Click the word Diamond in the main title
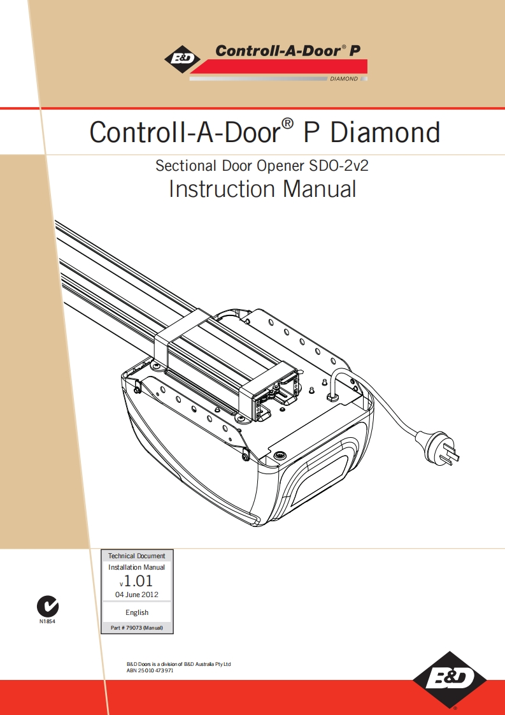click(x=385, y=133)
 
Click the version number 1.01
click(x=138, y=581)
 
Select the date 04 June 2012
click(x=136, y=595)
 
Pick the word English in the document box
click(x=137, y=612)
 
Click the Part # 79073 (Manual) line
click(x=137, y=628)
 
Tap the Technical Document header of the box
click(x=137, y=556)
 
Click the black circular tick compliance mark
click(x=48, y=605)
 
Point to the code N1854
click(x=48, y=621)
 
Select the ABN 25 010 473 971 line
click(x=150, y=671)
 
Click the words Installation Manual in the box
click(x=137, y=567)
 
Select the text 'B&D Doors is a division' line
click(x=179, y=664)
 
